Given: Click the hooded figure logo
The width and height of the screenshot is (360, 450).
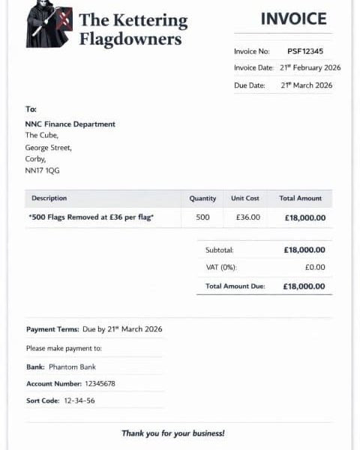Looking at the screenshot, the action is pos(49,25).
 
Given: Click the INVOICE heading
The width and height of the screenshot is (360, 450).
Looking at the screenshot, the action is pos(293,19).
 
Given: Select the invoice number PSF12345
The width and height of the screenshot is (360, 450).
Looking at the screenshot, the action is pos(305,52).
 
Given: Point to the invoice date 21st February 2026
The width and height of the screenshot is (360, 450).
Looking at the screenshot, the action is pos(310,68).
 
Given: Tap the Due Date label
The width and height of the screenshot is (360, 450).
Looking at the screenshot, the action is pos(250,85).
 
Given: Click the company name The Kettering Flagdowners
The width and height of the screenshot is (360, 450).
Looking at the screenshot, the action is pos(133,28).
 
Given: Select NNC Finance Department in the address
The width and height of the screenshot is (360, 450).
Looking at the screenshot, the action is pos(70,124).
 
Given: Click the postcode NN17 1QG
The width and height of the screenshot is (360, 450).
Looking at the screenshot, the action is pos(42,170).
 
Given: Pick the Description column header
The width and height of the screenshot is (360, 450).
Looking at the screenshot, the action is pos(49,199).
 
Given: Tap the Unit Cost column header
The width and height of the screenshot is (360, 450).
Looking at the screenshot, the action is pos(245,199).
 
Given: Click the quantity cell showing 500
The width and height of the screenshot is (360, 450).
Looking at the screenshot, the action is pos(202,217).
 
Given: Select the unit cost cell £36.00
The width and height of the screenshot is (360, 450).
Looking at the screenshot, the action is pos(247,217).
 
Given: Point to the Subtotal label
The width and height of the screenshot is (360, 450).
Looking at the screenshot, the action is pos(220,250).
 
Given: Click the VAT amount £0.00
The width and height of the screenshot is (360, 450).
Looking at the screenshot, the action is pos(315,267).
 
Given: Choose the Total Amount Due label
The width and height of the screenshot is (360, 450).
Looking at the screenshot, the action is pos(235,286).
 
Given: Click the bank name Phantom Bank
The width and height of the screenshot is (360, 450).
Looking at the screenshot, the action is pos(72,367).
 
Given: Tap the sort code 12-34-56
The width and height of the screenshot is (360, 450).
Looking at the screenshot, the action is pos(79,400).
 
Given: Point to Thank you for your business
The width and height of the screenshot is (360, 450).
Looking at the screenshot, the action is pos(173,433).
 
